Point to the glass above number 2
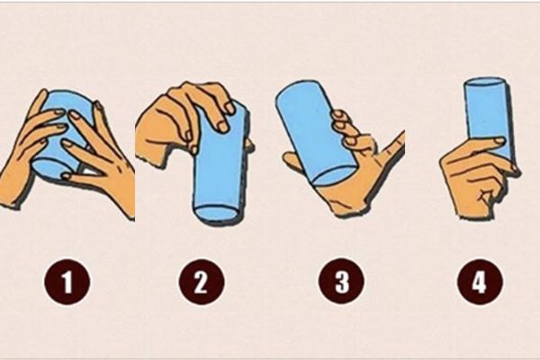click(219, 175)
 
